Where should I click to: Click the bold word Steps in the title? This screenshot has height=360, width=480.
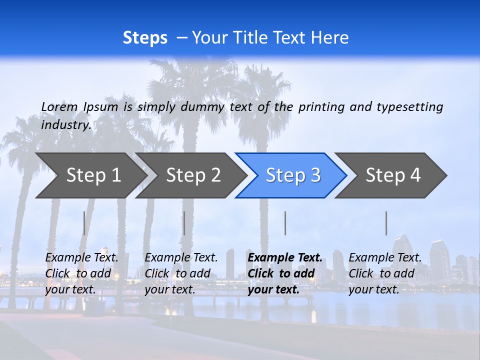[145, 38]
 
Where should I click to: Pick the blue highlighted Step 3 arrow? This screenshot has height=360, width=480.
[293, 175]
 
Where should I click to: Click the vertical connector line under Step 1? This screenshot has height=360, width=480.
[84, 223]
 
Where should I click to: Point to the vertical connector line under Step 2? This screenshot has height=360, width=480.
[184, 223]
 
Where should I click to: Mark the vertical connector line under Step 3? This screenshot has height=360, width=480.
[285, 223]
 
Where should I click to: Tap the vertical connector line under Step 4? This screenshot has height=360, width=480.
[386, 223]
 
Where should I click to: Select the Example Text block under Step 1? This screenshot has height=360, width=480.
[82, 273]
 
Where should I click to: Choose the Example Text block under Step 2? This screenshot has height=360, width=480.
[181, 273]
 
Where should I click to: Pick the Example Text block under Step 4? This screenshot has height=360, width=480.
[385, 273]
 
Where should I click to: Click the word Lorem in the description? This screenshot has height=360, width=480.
[59, 106]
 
